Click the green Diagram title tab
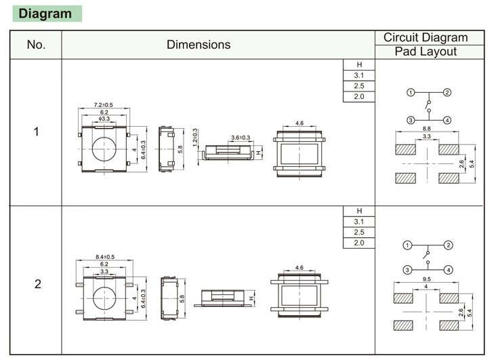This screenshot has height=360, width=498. [46, 14]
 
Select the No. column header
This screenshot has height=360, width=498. [35, 45]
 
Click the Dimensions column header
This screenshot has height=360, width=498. [199, 45]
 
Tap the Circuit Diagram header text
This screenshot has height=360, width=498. [426, 38]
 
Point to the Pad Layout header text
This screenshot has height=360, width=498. [426, 52]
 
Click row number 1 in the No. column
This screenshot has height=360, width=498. [36, 131]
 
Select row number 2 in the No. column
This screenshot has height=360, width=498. [37, 283]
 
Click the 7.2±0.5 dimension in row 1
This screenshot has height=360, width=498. [104, 104]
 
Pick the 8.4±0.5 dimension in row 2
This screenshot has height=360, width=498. [104, 257]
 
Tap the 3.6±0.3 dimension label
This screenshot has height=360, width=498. [240, 138]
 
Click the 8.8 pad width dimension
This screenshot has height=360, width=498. [427, 129]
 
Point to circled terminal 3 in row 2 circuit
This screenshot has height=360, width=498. [407, 270]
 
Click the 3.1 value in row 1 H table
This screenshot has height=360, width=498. [359, 75]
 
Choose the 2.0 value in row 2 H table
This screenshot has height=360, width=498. [359, 243]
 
